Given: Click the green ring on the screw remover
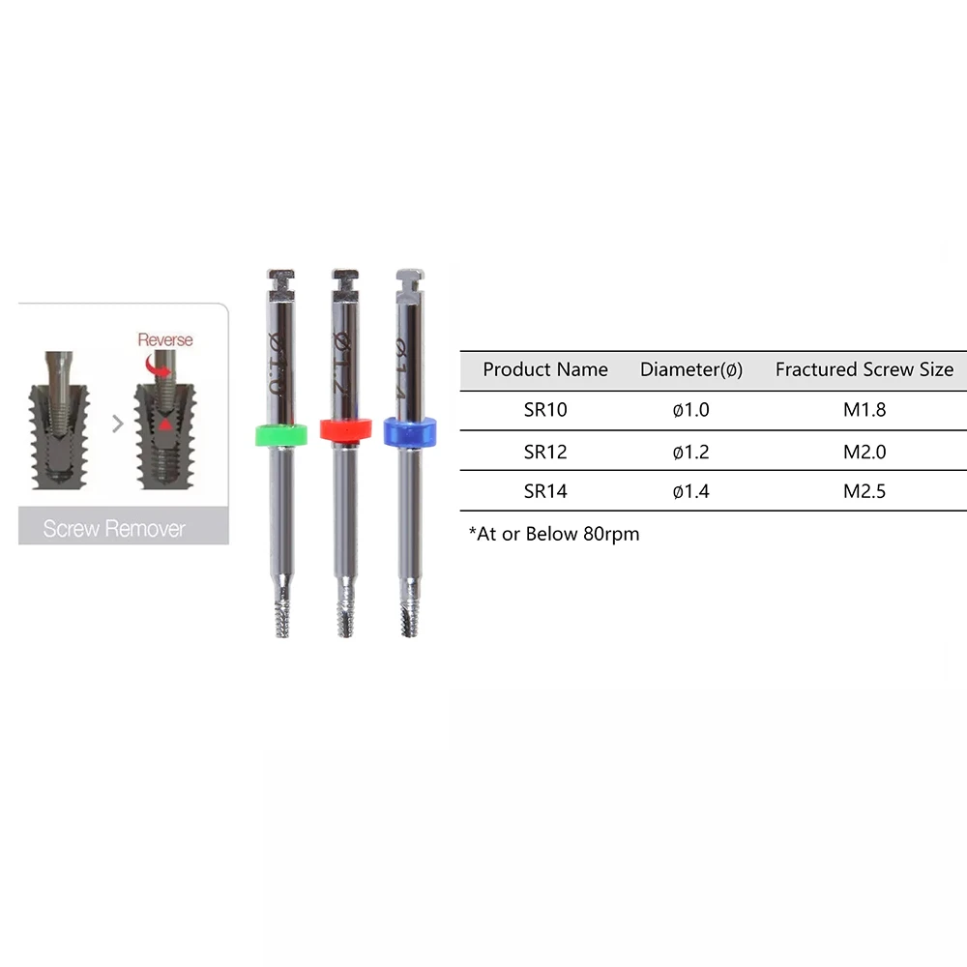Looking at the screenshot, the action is pos(281,434).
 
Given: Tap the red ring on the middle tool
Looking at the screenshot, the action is pos(346,429).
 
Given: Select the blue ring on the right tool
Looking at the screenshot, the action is pos(409,431).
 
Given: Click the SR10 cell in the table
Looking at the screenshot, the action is pos(545,409).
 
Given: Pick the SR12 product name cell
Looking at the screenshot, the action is pos(545,452).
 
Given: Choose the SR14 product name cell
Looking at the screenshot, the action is pos(545,491).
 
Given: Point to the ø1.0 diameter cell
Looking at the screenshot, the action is pos(690,409).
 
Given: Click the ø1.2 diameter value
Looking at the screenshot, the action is pos(690,452).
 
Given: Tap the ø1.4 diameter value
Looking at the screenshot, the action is pos(690,491).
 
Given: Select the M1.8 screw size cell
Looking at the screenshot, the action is pos(864,409).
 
